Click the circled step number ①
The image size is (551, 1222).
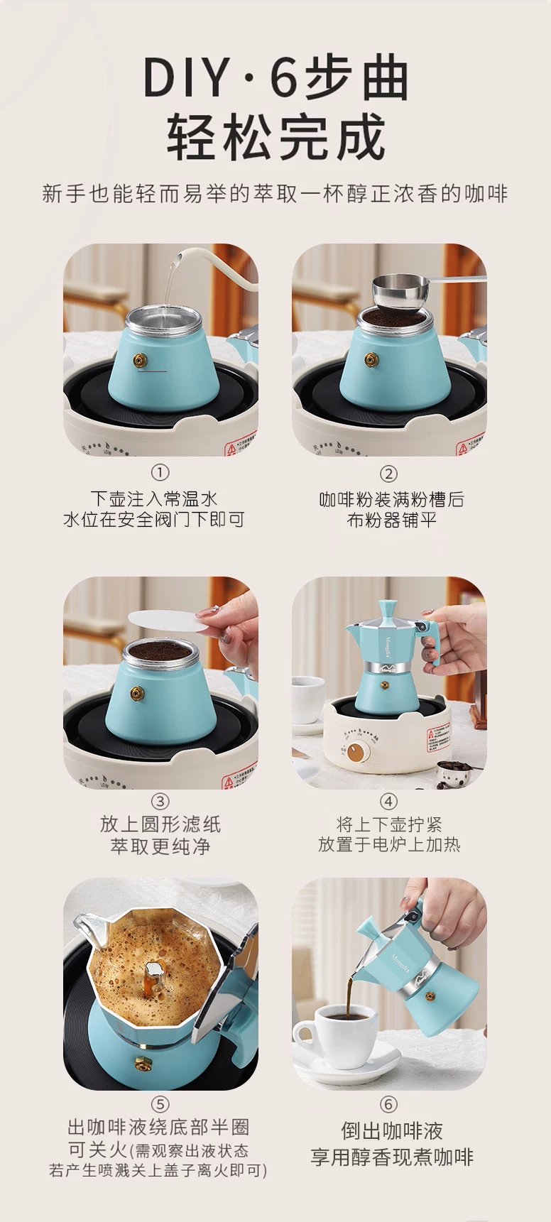(x=160, y=473)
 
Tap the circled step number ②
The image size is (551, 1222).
(x=388, y=474)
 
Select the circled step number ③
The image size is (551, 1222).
(x=160, y=802)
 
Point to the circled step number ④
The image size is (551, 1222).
(x=388, y=802)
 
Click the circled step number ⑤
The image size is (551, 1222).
(x=160, y=1104)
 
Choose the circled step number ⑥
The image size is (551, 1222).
(x=388, y=1104)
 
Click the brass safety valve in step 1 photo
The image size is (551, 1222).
(x=141, y=361)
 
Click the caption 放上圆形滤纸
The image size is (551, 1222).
(x=160, y=824)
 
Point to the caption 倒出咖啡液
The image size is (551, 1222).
(x=391, y=1130)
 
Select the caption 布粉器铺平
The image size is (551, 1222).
(x=391, y=520)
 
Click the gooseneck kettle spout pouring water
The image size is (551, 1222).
(x=179, y=257)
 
